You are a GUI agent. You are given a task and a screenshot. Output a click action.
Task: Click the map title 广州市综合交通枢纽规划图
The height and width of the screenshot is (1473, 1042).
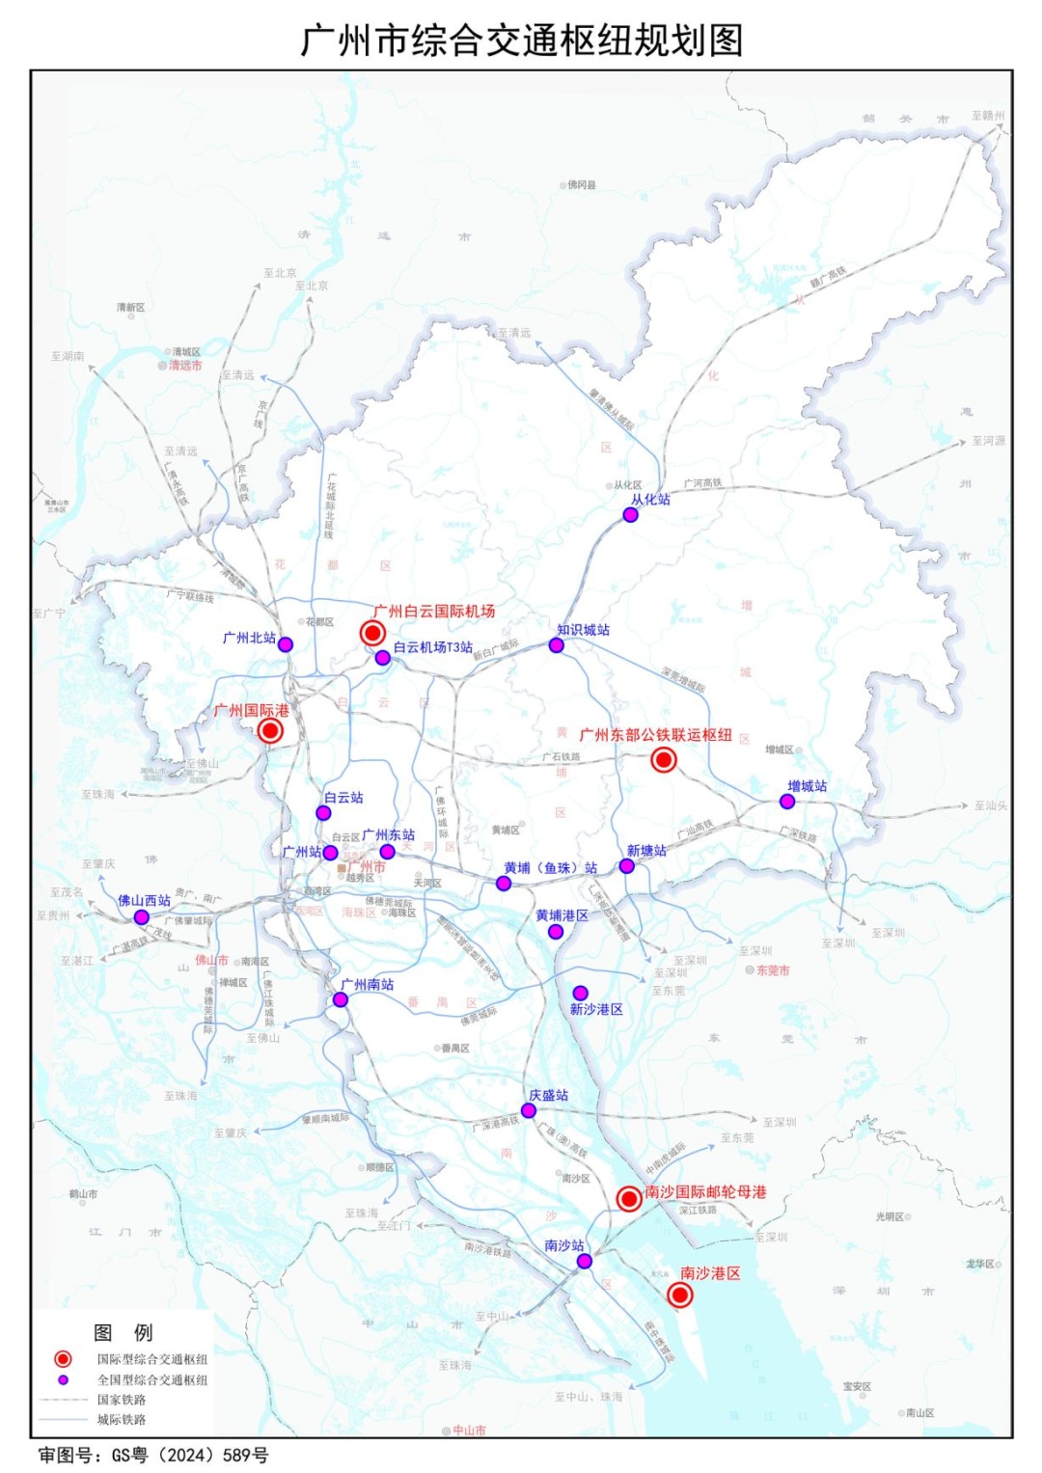coord(521,41)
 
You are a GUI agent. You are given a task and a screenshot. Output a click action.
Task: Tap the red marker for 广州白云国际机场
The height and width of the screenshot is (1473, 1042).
coord(372,633)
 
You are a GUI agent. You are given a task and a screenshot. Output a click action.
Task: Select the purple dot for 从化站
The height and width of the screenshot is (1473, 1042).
coord(630,515)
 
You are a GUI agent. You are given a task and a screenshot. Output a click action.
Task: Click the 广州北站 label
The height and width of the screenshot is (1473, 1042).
coord(249,638)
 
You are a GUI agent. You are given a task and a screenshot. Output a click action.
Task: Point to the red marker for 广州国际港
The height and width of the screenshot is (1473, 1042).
coord(270,730)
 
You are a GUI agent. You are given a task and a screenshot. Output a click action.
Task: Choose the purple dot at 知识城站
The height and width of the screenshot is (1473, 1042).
coord(556,645)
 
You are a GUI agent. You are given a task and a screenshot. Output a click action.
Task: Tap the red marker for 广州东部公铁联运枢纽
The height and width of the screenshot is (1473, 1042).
coord(663,760)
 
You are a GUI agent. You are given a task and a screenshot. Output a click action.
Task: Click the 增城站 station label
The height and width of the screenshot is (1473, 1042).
coord(807,786)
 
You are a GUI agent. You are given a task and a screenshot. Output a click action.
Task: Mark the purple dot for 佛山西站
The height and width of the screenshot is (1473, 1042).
coord(141,917)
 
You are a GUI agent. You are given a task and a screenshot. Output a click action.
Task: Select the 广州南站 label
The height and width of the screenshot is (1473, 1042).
coord(368,985)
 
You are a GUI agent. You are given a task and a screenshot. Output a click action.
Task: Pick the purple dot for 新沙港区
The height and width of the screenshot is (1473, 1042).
coord(580,993)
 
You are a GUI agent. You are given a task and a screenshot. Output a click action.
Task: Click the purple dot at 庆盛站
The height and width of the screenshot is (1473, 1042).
coord(528,1111)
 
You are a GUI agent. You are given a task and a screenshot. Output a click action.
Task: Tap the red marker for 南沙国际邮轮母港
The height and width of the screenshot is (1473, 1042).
coord(629,1198)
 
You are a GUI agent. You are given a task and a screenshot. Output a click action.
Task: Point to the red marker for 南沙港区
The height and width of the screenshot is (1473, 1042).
coord(679,1295)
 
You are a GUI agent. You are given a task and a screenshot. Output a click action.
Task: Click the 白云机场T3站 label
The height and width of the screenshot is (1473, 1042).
coord(432,647)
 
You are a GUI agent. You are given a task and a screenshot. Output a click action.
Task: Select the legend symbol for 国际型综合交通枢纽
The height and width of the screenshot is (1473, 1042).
coord(63,1359)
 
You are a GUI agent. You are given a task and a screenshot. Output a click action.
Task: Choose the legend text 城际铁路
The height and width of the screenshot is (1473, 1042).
coord(122,1420)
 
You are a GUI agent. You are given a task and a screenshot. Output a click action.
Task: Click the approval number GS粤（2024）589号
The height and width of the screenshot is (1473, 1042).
coord(153,1455)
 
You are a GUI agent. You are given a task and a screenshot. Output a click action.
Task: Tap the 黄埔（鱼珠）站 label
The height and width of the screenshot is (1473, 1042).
coord(550,868)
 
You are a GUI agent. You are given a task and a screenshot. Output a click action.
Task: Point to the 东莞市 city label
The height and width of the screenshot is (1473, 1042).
coord(773,970)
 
